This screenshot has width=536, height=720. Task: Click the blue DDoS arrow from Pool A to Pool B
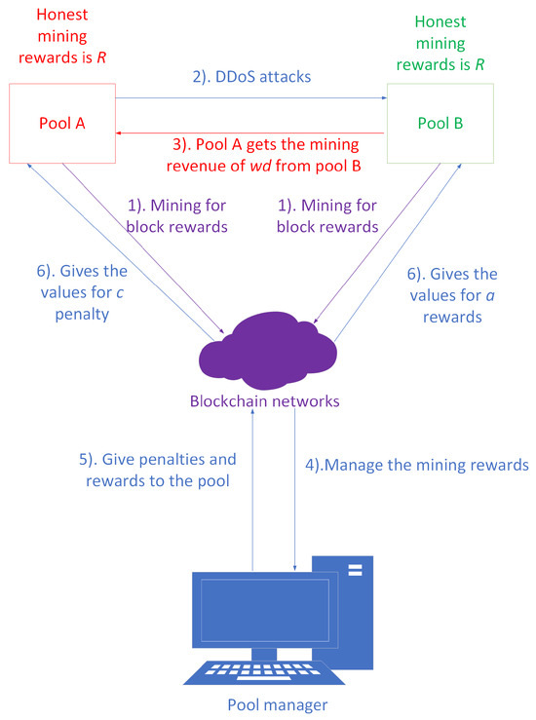(x=250, y=98)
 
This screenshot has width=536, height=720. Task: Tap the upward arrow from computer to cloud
(x=253, y=487)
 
